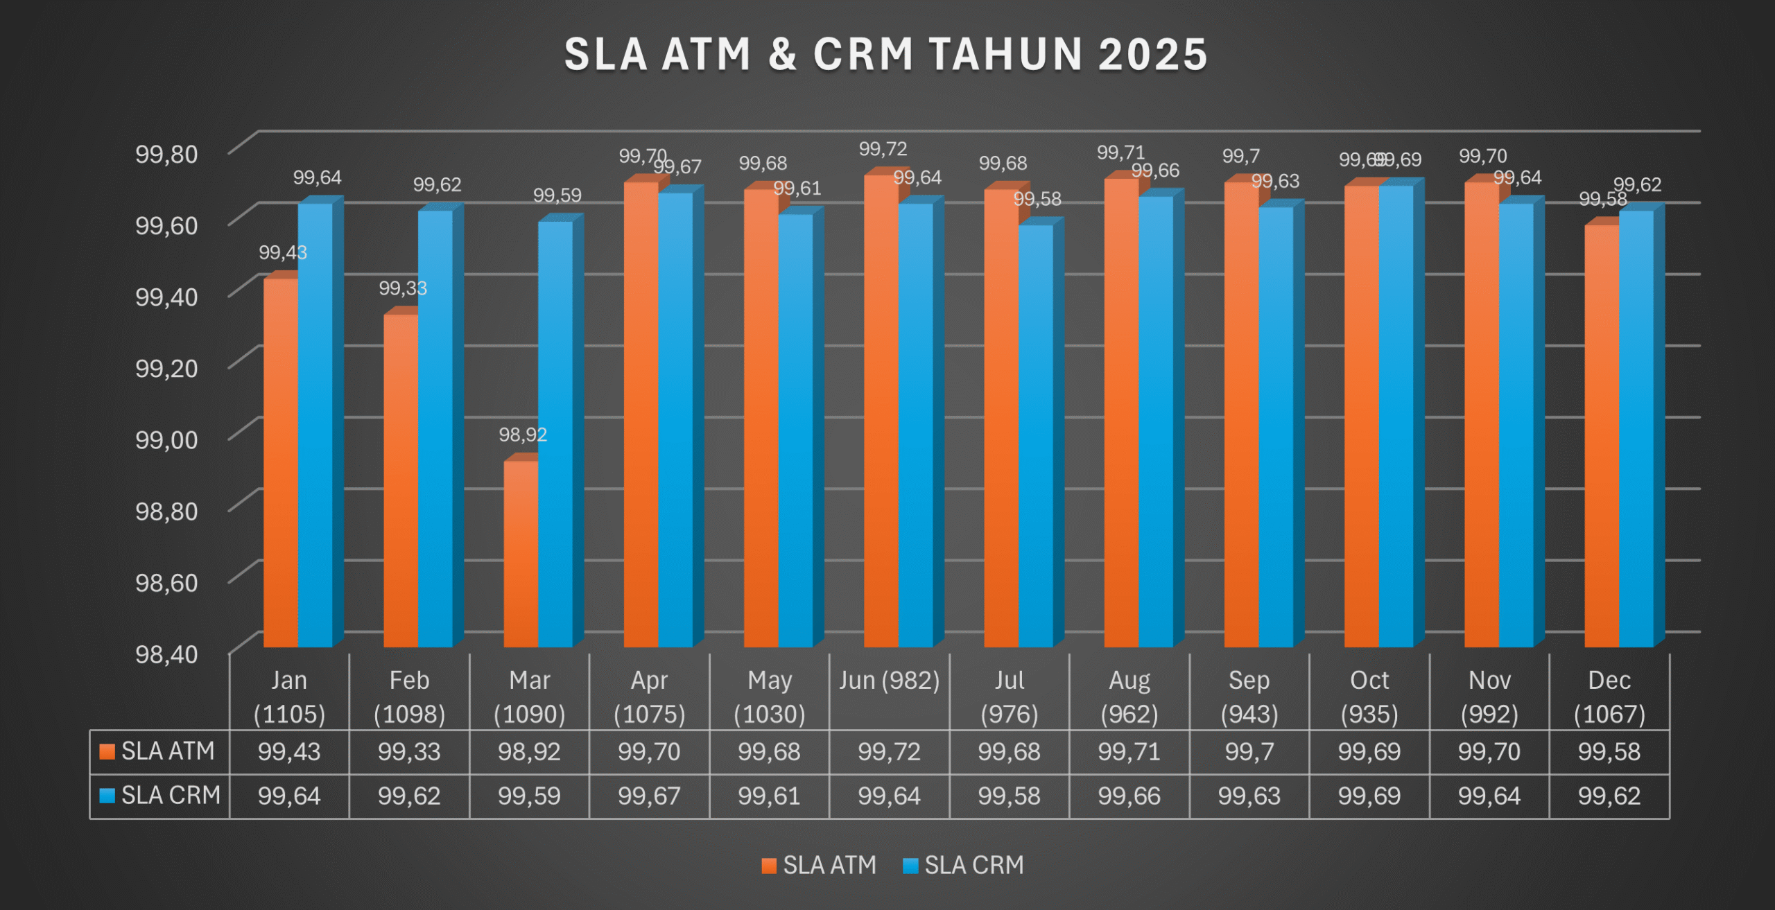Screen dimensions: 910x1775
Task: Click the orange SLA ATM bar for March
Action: pos(521,554)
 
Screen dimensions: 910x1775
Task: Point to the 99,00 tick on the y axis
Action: pos(166,439)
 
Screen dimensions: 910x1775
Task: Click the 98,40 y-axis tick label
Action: pos(166,654)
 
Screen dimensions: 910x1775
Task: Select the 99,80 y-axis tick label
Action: pos(166,154)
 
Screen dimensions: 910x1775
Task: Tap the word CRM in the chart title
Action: pos(863,55)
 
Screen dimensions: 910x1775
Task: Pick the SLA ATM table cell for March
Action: pos(529,752)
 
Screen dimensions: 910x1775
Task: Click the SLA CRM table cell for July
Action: pos(1009,796)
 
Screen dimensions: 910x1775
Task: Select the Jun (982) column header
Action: pos(889,681)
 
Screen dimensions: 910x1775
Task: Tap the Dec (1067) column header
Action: pos(1609,697)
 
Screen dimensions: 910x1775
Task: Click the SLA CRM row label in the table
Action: pos(160,796)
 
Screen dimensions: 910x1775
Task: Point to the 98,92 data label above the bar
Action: pos(523,435)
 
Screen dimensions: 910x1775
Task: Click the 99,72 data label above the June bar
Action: pos(883,149)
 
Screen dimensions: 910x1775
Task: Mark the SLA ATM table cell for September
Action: pos(1249,752)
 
